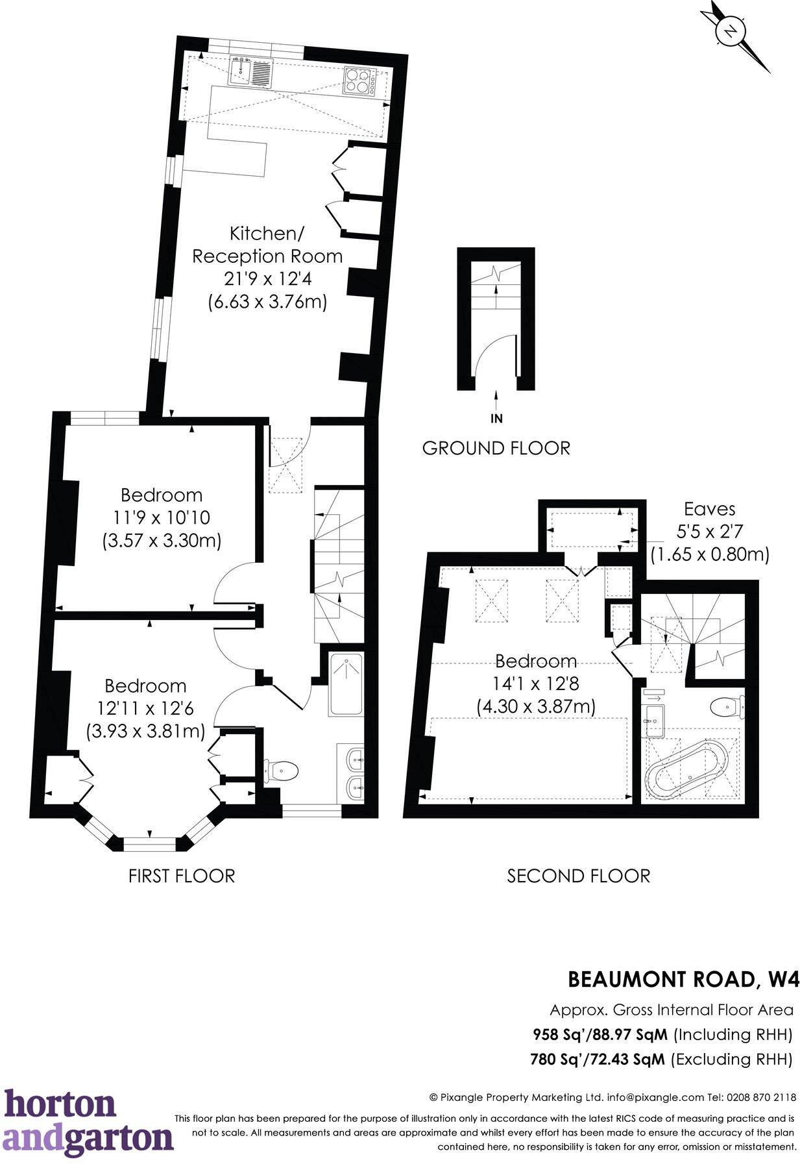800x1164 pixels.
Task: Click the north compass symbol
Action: point(732,31)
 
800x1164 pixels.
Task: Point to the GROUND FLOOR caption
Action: point(496,448)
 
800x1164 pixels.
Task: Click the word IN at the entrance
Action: point(496,419)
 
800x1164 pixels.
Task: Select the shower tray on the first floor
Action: point(346,685)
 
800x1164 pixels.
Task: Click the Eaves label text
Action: point(710,509)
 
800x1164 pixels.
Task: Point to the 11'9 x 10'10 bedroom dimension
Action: point(162,518)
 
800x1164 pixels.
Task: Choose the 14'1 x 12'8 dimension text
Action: point(536,684)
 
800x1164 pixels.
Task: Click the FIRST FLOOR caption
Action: point(182,876)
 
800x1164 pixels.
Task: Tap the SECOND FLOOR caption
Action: point(578,876)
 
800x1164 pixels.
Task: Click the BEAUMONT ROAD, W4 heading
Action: point(683,979)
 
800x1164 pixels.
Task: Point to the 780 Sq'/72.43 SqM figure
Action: point(598,1059)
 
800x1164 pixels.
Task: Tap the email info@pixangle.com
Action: point(655,1098)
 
